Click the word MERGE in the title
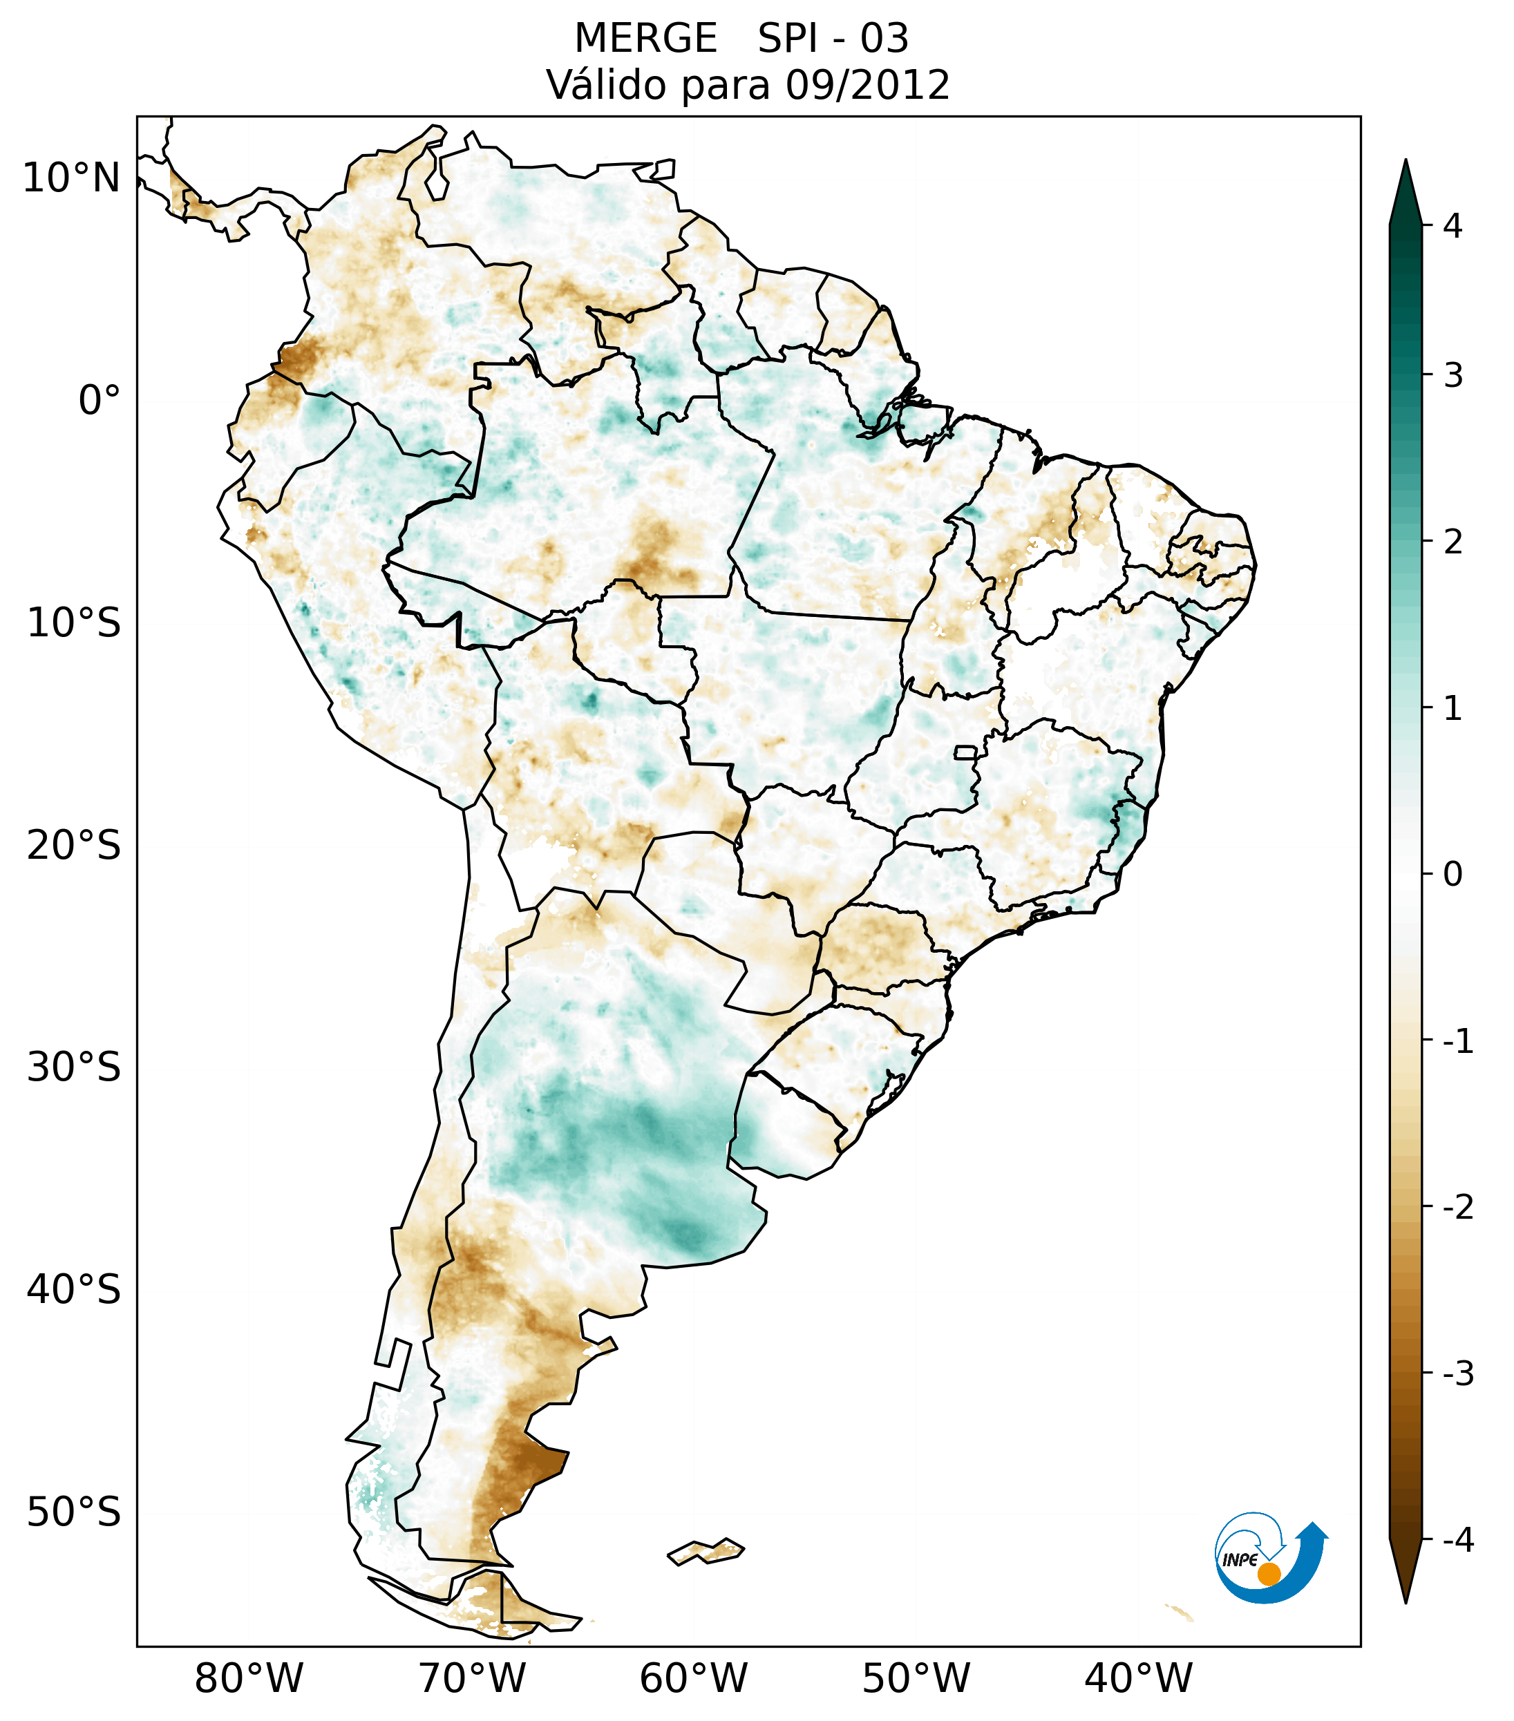pos(646,39)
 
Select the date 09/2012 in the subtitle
pos(867,85)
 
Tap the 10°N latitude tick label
pos(72,178)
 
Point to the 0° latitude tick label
pos(100,401)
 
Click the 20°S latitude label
pos(74,846)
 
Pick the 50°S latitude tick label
pos(74,1513)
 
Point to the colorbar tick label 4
pos(1453,226)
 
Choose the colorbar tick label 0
pos(1453,875)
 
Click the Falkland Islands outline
pos(706,1551)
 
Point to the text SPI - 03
pos(833,39)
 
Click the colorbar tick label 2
pos(1453,542)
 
